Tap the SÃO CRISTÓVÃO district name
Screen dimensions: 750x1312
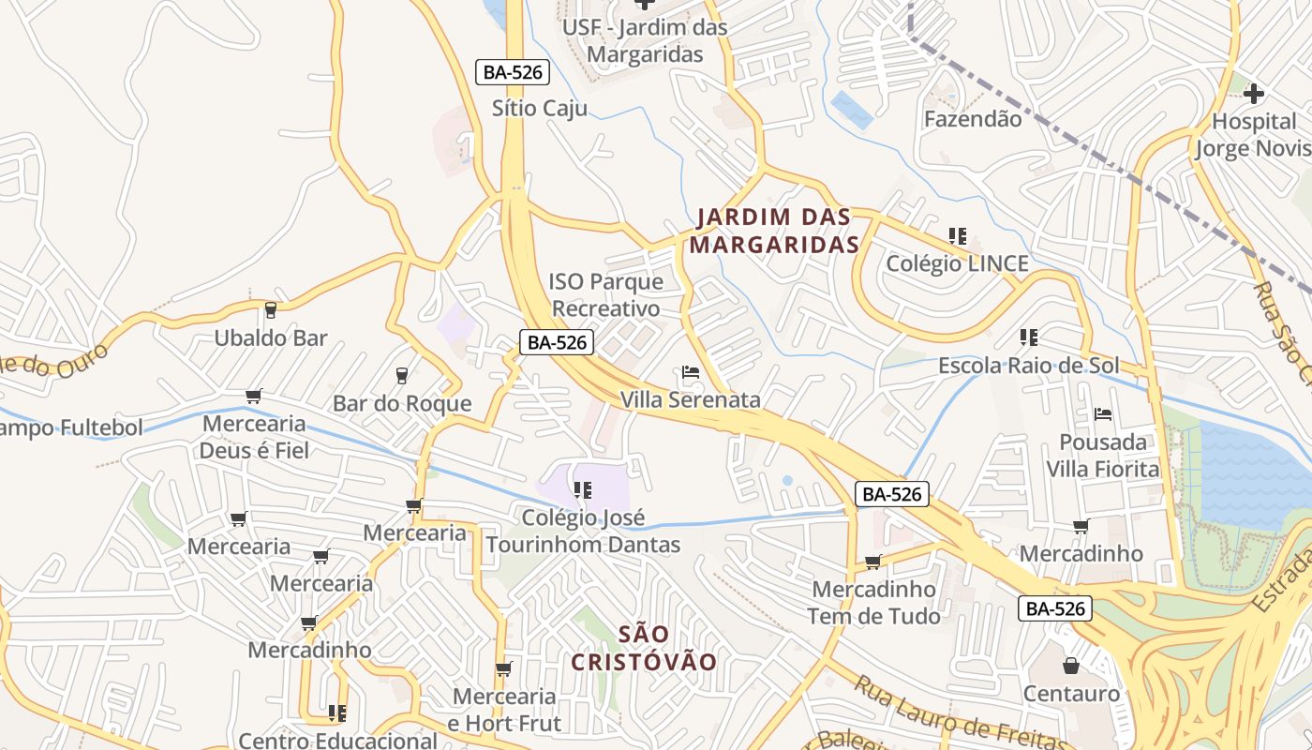(x=644, y=648)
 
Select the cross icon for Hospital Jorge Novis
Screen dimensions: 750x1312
(x=1254, y=94)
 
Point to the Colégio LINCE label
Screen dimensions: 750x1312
(x=957, y=264)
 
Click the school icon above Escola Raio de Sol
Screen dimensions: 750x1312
(x=1028, y=337)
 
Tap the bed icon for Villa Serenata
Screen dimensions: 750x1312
(x=691, y=373)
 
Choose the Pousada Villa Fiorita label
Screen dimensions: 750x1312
(x=1103, y=456)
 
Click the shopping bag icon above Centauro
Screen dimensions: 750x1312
(x=1070, y=666)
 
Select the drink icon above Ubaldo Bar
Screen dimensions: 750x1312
(x=271, y=309)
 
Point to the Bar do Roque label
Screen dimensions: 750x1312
(x=402, y=404)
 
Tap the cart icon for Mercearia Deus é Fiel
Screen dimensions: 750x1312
(x=253, y=397)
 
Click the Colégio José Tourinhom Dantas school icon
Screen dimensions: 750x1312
(x=582, y=489)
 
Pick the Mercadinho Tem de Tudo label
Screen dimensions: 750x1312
(x=874, y=603)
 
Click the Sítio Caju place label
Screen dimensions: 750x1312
(x=540, y=109)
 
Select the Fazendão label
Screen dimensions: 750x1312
(x=973, y=119)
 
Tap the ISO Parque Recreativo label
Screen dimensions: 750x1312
(x=605, y=294)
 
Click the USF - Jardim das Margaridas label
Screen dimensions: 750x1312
(x=645, y=41)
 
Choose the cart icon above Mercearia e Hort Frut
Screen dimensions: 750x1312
(x=503, y=668)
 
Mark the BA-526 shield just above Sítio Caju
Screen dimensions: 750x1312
(x=512, y=72)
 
